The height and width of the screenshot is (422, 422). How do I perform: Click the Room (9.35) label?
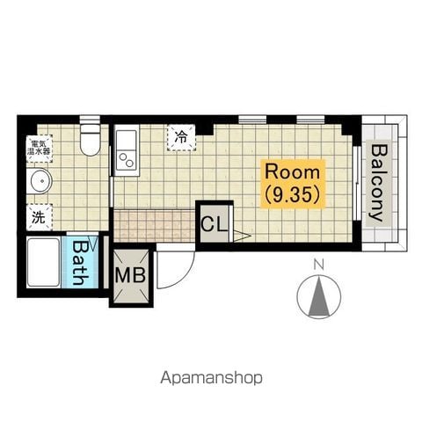293,184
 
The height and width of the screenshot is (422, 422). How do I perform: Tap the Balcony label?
379,183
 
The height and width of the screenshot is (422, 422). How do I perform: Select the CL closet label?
215,224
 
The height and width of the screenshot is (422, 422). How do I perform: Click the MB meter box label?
130,275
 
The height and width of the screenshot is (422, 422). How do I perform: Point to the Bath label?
79,263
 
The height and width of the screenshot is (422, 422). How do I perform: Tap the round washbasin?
40,181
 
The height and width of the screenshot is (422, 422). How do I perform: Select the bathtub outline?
44,263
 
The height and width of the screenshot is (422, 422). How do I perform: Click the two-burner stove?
127,160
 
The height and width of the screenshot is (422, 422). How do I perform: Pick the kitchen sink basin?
127,140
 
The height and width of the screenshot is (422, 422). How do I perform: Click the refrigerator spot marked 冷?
181,137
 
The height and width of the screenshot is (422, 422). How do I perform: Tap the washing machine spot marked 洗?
40,217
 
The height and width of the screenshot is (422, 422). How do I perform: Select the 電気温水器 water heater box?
40,149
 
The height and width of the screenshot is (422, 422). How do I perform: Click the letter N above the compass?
318,266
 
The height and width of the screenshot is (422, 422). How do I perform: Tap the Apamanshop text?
211,378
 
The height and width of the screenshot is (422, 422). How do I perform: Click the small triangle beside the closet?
242,236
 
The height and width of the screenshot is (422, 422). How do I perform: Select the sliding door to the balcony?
356,183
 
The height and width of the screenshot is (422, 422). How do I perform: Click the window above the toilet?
90,120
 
